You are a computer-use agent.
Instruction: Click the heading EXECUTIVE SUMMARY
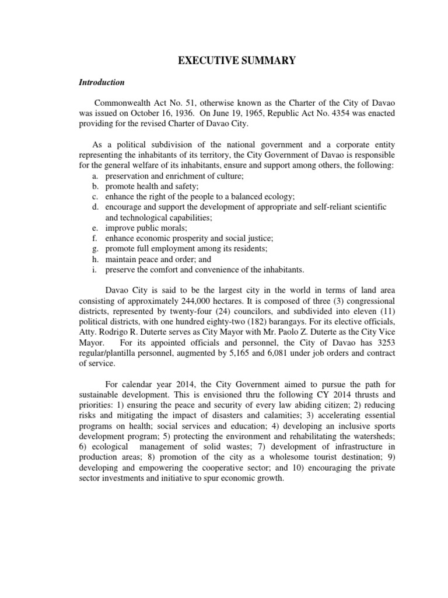tap(223, 60)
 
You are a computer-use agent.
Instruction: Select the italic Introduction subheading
tap(101, 82)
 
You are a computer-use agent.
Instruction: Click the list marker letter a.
tap(95, 176)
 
